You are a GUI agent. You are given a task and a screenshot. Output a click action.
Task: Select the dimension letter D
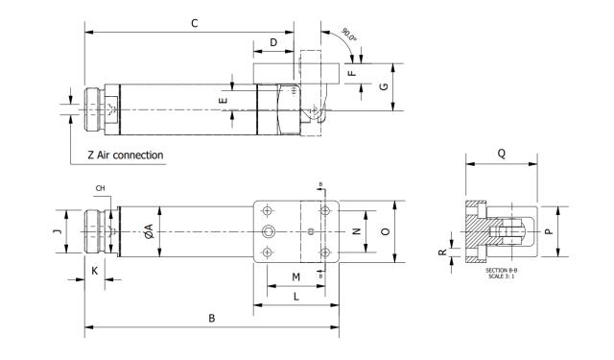tap(273, 42)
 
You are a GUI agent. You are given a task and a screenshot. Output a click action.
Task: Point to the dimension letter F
tap(351, 72)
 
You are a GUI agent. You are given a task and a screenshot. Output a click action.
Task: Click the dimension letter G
tap(384, 86)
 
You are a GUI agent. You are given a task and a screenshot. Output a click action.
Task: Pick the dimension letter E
tap(222, 100)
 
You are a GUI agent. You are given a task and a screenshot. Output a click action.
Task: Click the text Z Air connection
tap(125, 155)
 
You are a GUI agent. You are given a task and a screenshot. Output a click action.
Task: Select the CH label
tap(100, 188)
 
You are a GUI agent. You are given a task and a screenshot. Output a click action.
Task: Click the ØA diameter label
tap(147, 231)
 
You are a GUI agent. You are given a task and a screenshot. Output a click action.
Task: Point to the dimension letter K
tap(94, 272)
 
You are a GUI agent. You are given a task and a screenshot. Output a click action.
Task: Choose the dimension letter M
tap(295, 277)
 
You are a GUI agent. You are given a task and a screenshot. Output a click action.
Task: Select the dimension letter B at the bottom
tap(211, 319)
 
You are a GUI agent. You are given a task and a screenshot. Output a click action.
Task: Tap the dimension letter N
tap(356, 231)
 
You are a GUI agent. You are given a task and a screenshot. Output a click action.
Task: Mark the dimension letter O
tap(385, 231)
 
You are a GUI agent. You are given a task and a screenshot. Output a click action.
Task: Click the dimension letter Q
tap(502, 153)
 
